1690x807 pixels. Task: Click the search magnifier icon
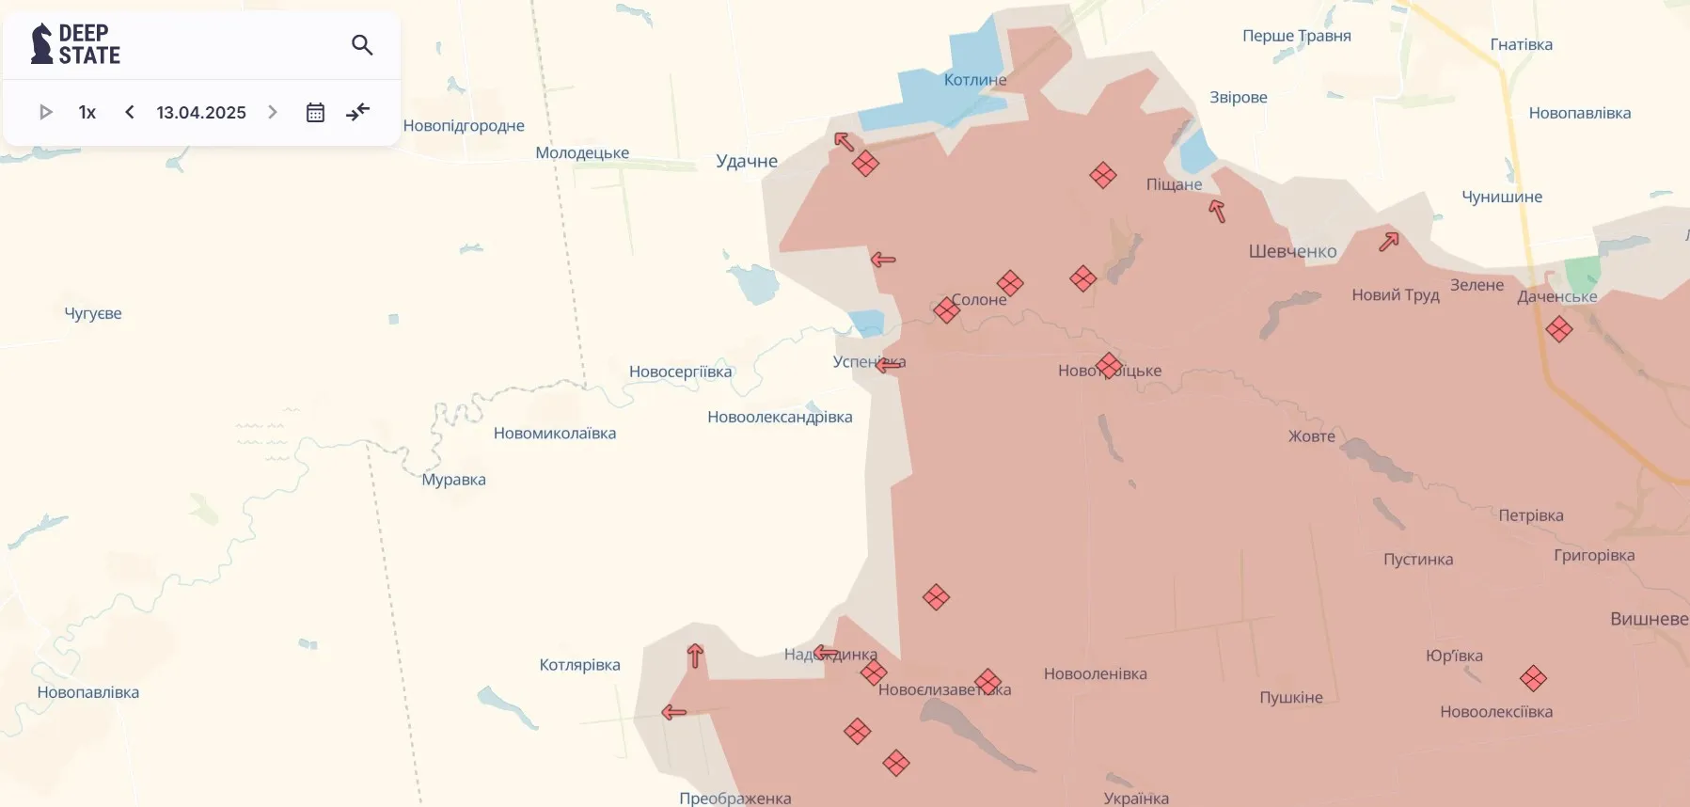click(362, 45)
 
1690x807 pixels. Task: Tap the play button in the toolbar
click(45, 113)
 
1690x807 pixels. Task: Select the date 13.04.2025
click(201, 113)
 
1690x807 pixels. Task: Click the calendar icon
click(315, 113)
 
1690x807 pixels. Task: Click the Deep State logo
click(76, 44)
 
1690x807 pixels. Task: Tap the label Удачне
click(747, 161)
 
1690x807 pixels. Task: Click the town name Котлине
click(975, 80)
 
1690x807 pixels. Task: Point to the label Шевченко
click(1292, 251)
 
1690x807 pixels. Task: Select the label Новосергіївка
click(680, 372)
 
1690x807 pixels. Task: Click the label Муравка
click(453, 480)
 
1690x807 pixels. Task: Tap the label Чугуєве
click(93, 313)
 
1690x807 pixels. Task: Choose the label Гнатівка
click(1521, 44)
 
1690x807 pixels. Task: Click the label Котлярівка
click(579, 665)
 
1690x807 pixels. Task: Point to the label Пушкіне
click(1290, 697)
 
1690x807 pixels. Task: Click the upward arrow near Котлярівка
click(695, 656)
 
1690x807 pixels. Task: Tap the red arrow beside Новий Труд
click(1389, 241)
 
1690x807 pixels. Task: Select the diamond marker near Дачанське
click(1558, 329)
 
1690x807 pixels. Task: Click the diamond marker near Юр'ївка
click(1533, 678)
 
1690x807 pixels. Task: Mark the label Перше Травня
click(1296, 36)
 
